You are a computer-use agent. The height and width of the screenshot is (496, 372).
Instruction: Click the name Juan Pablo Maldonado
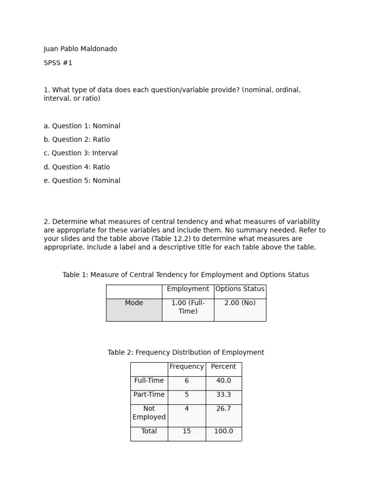click(x=80, y=49)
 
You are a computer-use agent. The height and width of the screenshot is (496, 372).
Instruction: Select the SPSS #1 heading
click(x=58, y=63)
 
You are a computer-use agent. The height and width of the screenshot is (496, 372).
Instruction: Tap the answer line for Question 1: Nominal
click(x=82, y=126)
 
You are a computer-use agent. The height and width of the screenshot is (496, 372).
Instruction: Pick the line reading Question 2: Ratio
click(x=77, y=139)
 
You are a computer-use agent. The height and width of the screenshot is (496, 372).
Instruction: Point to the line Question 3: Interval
click(x=80, y=153)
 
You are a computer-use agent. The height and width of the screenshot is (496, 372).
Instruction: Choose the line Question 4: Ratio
click(x=77, y=167)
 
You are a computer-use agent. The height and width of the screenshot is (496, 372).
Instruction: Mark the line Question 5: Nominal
click(x=82, y=181)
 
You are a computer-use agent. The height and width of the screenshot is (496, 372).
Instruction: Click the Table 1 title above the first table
click(x=186, y=275)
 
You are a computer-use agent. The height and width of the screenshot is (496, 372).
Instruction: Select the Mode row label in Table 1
click(x=134, y=303)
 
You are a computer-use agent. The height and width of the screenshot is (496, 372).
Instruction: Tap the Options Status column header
click(x=240, y=289)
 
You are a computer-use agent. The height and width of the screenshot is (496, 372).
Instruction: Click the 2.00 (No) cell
click(x=240, y=303)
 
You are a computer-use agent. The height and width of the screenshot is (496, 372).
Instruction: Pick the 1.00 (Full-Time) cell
click(x=188, y=307)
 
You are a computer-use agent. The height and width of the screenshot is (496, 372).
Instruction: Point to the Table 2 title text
click(x=186, y=353)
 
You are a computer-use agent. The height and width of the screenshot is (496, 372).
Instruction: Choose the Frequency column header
click(x=186, y=367)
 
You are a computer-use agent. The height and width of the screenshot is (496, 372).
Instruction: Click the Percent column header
click(x=223, y=367)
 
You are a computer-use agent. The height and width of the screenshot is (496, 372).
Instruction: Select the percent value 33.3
click(x=223, y=395)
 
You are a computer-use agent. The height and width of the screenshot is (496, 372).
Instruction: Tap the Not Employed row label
click(x=149, y=413)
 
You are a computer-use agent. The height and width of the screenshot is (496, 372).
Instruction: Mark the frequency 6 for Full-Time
click(x=186, y=381)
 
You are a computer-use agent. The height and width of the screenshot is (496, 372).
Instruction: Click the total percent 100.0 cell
click(x=223, y=431)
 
